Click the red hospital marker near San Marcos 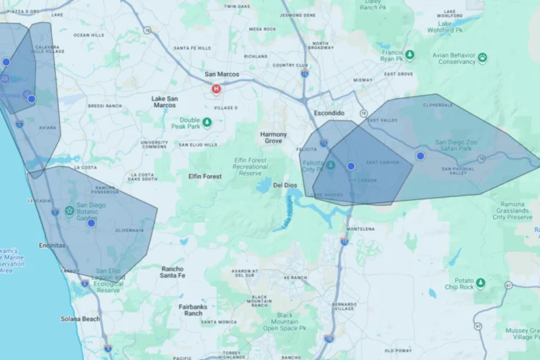click(216, 89)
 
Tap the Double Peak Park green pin click(207, 123)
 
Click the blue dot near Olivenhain click(91, 223)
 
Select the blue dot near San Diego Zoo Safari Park click(420, 156)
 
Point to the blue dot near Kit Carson click(351, 166)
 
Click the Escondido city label click(329, 113)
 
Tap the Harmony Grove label click(273, 137)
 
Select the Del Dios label click(285, 185)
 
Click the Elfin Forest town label click(205, 176)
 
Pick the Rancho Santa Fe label click(172, 272)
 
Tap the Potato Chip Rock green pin click(481, 283)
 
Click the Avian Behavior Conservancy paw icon click(482, 58)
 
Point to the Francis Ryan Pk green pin click(410, 55)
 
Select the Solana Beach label click(80, 319)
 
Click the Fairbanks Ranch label click(193, 310)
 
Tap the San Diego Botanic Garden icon click(70, 210)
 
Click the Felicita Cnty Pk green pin click(331, 165)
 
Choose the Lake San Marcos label click(164, 101)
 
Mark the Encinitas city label click(52, 245)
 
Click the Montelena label click(360, 229)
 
